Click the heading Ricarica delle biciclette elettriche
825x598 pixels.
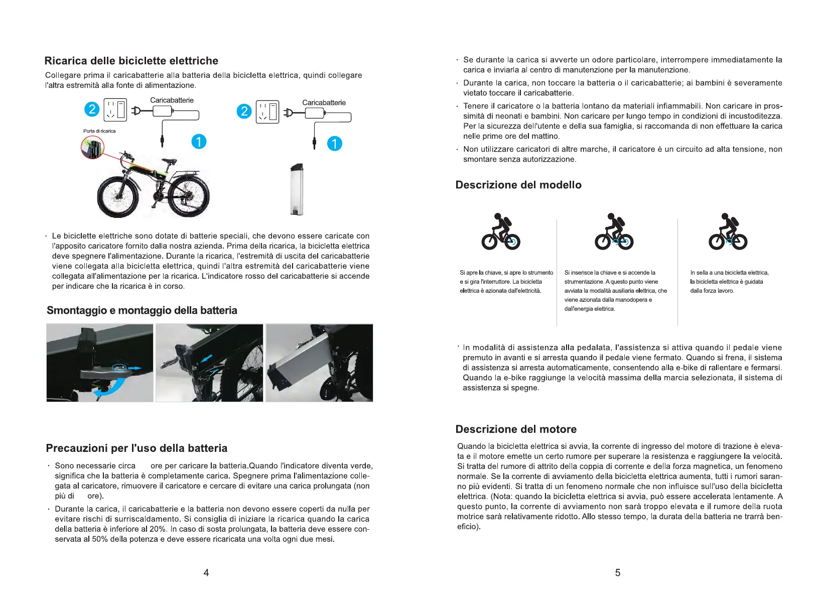[x=131, y=61]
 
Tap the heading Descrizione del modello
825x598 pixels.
[x=518, y=185]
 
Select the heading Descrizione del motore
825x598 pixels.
[x=516, y=429]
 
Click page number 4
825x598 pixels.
[x=206, y=572]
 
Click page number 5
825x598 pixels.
[x=617, y=572]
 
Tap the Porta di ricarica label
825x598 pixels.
[x=99, y=131]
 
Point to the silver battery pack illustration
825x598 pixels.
[x=297, y=189]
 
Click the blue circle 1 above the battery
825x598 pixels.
[x=335, y=144]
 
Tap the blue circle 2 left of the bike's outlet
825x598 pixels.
[x=92, y=109]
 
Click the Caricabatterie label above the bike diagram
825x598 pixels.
[x=172, y=100]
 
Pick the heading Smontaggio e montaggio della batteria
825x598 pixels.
[x=142, y=310]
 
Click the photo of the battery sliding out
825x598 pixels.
[x=319, y=363]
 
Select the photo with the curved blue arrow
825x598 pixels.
[x=100, y=363]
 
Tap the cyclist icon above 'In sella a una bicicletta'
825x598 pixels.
[x=727, y=232]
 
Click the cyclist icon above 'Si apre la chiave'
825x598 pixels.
[x=500, y=232]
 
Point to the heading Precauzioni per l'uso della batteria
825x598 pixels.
[x=136, y=448]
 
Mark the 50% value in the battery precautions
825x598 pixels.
[x=100, y=539]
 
